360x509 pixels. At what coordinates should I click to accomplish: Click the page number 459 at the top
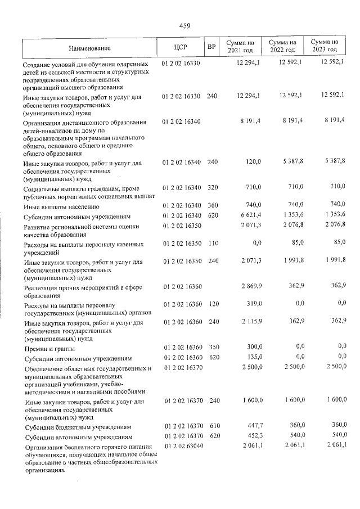pyautogui.click(x=185, y=25)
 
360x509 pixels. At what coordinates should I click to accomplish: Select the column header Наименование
pyautogui.click(x=90, y=47)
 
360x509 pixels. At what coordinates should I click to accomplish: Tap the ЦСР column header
pyautogui.click(x=181, y=47)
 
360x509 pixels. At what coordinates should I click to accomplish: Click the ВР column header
pyautogui.click(x=211, y=47)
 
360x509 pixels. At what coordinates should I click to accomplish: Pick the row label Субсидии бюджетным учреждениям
pyautogui.click(x=77, y=427)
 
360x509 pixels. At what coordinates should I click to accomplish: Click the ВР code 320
pyautogui.click(x=211, y=186)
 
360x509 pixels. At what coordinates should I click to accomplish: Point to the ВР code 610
pyautogui.click(x=211, y=426)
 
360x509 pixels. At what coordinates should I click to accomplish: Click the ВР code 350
pyautogui.click(x=211, y=346)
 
